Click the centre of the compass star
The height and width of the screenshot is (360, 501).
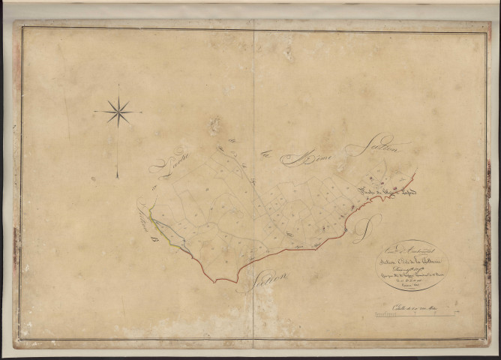point(118,113)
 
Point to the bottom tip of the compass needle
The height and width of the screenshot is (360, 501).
point(117,177)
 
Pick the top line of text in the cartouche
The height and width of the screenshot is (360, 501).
point(406,250)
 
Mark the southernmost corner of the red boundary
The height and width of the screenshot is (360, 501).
point(216,282)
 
